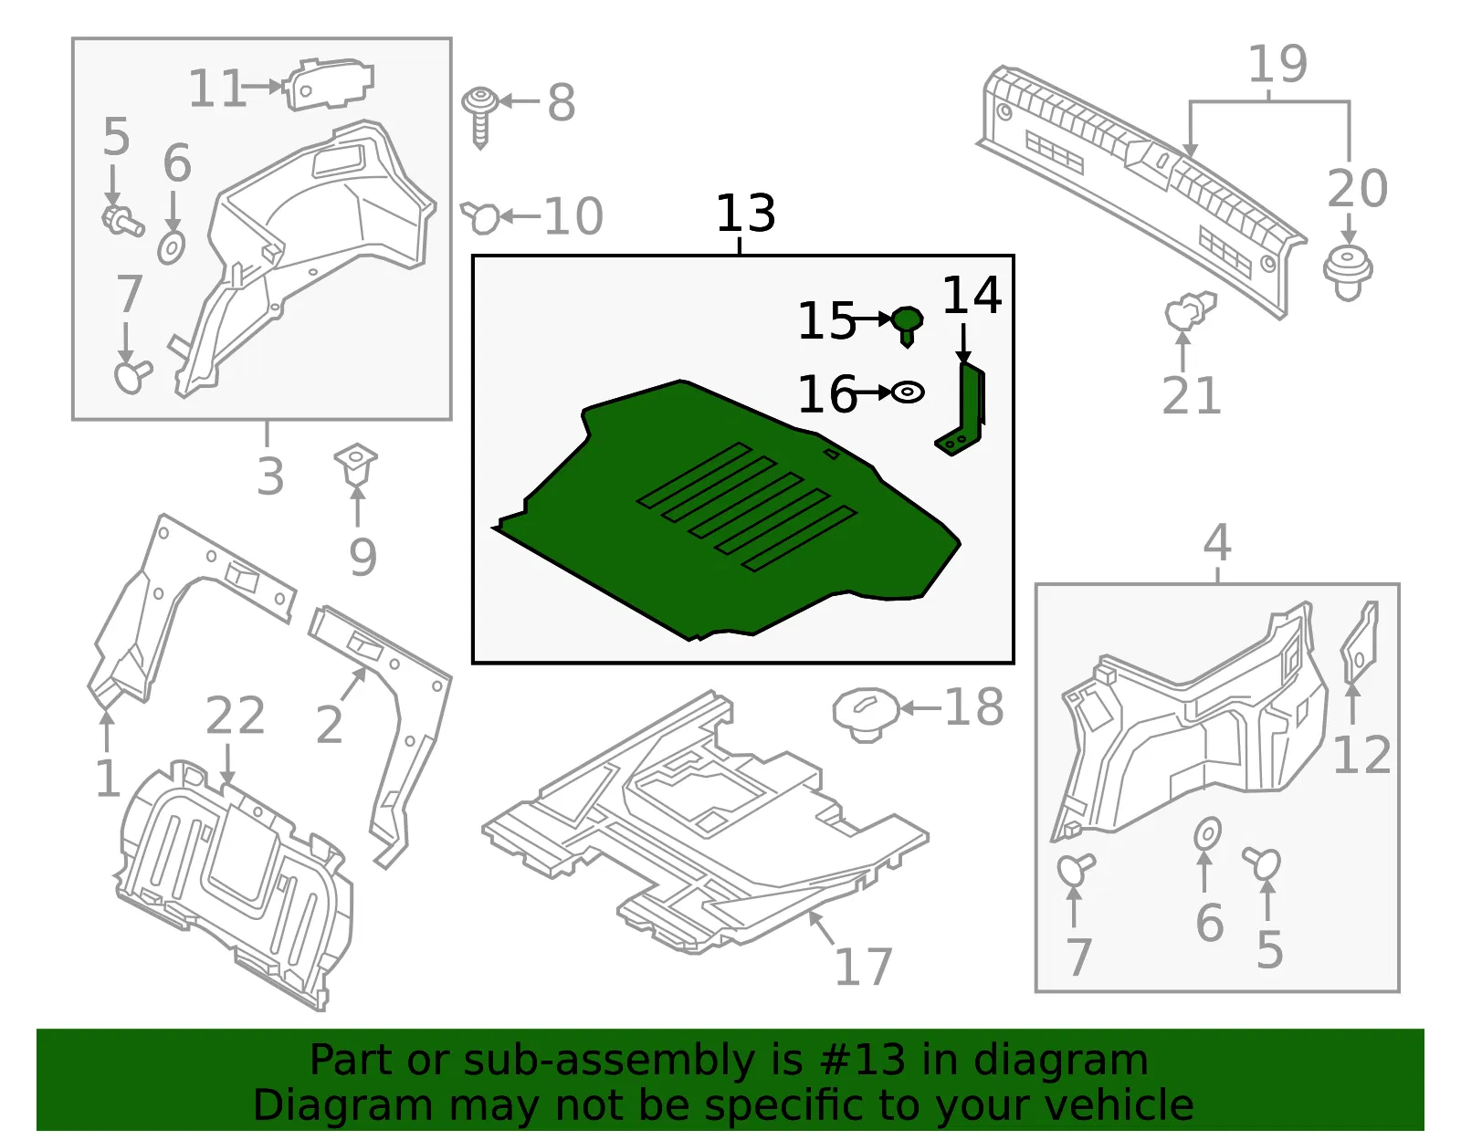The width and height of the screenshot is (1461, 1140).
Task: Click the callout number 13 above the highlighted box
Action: point(746,213)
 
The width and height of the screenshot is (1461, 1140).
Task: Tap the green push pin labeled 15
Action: point(907,325)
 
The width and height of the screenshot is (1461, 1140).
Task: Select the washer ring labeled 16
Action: point(908,392)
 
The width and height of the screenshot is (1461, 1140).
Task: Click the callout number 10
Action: point(573,216)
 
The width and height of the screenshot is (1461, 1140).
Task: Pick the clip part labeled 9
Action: point(356,464)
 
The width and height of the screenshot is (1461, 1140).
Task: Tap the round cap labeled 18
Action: point(866,714)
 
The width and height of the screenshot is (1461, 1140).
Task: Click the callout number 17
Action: point(864,967)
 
